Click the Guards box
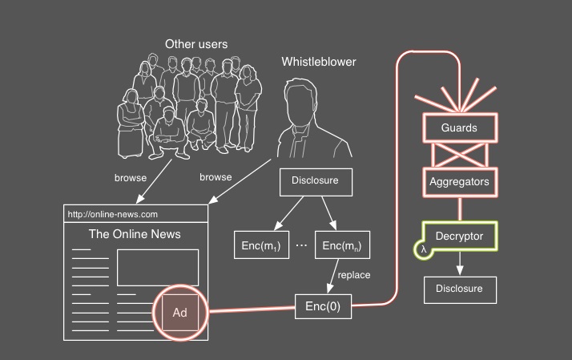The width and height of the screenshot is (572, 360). tap(459, 128)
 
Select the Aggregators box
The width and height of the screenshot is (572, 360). tap(459, 182)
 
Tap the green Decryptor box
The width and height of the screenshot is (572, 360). tap(459, 236)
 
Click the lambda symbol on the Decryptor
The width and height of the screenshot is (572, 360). tap(423, 250)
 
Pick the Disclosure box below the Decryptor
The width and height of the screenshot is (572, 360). tap(459, 289)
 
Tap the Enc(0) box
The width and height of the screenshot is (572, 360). tap(324, 305)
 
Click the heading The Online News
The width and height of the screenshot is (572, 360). tap(135, 235)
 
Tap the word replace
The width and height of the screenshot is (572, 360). tap(354, 275)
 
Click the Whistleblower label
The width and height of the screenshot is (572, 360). tap(319, 62)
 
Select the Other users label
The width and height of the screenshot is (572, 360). tap(196, 44)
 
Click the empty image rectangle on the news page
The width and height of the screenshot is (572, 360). tap(157, 267)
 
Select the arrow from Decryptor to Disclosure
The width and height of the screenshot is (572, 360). tap(459, 263)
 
